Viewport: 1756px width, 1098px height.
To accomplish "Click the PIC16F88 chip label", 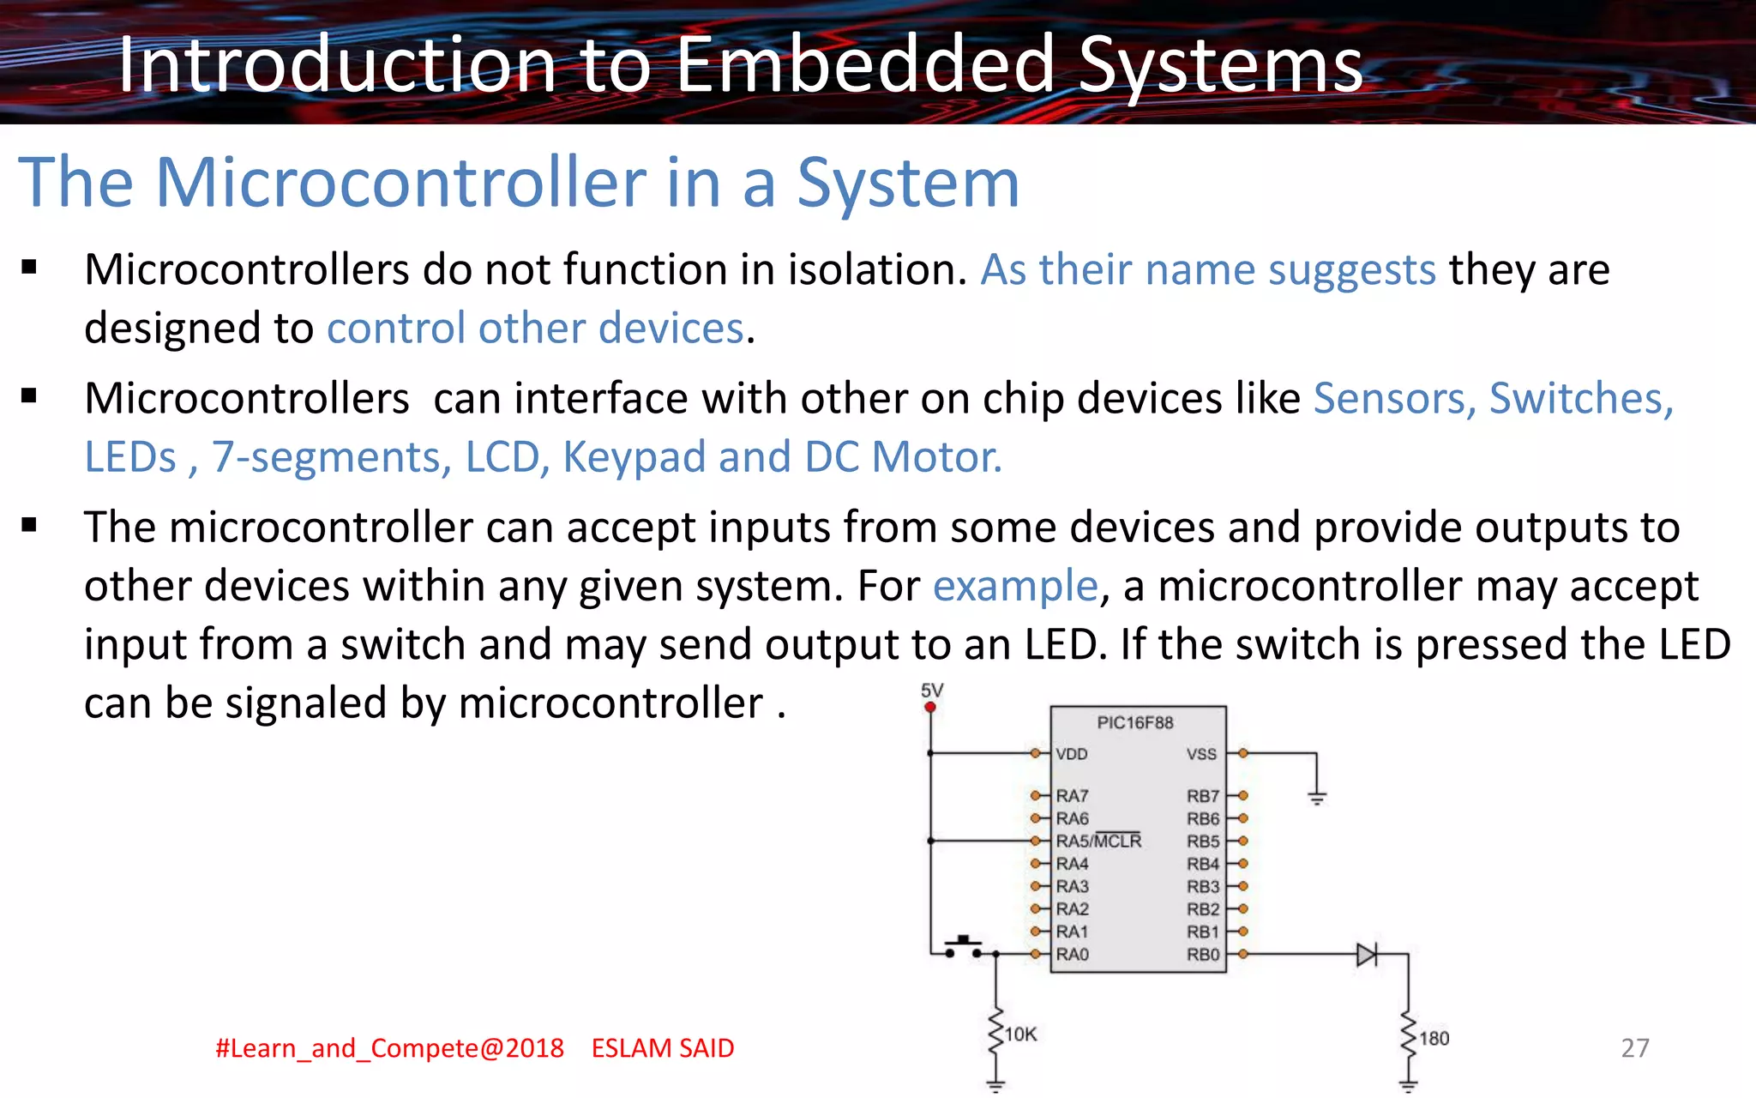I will (1134, 723).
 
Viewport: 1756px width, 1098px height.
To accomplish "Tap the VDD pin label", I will (1072, 754).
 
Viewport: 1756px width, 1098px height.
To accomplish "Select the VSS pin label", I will (1201, 754).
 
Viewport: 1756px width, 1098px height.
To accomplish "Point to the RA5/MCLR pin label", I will (1098, 842).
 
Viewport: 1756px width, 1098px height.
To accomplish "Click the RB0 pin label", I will (1202, 955).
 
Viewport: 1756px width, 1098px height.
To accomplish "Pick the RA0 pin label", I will (1072, 955).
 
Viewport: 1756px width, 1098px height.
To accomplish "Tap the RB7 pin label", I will (1202, 796).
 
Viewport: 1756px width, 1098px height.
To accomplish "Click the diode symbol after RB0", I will (1367, 954).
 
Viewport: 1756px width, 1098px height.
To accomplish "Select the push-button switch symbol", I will (964, 947).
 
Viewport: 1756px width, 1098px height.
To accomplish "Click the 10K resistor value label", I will (1020, 1035).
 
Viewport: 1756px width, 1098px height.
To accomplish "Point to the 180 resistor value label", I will (1434, 1039).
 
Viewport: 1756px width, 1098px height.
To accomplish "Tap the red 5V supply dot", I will (930, 707).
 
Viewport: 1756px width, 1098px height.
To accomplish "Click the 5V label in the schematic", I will (932, 691).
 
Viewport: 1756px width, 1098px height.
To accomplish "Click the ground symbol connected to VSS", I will (1317, 799).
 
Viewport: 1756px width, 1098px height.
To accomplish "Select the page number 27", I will (1634, 1048).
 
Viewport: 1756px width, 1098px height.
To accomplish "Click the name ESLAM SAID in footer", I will (663, 1048).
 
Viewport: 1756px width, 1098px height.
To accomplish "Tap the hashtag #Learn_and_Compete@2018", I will (389, 1048).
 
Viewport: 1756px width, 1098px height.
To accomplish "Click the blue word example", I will (1015, 587).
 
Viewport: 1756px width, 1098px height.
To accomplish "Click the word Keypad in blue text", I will (634, 457).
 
